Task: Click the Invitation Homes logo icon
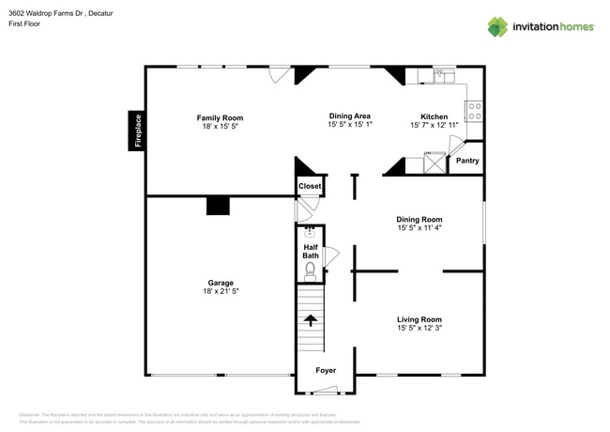tap(497, 26)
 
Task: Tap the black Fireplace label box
tap(137, 131)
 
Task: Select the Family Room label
tap(220, 118)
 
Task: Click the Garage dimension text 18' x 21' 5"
tap(221, 292)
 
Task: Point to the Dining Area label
tap(349, 116)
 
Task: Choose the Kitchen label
tap(434, 116)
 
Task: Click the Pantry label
tap(467, 161)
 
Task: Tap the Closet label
tap(310, 186)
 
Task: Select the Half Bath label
tap(311, 252)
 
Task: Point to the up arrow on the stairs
tap(310, 320)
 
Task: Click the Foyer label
tap(326, 371)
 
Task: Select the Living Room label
tap(419, 319)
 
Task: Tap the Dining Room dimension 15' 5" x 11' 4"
tap(419, 228)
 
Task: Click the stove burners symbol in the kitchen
tap(475, 111)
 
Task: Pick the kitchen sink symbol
tap(442, 73)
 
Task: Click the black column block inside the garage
tap(218, 206)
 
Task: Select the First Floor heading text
tap(24, 24)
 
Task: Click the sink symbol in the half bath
tap(311, 230)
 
